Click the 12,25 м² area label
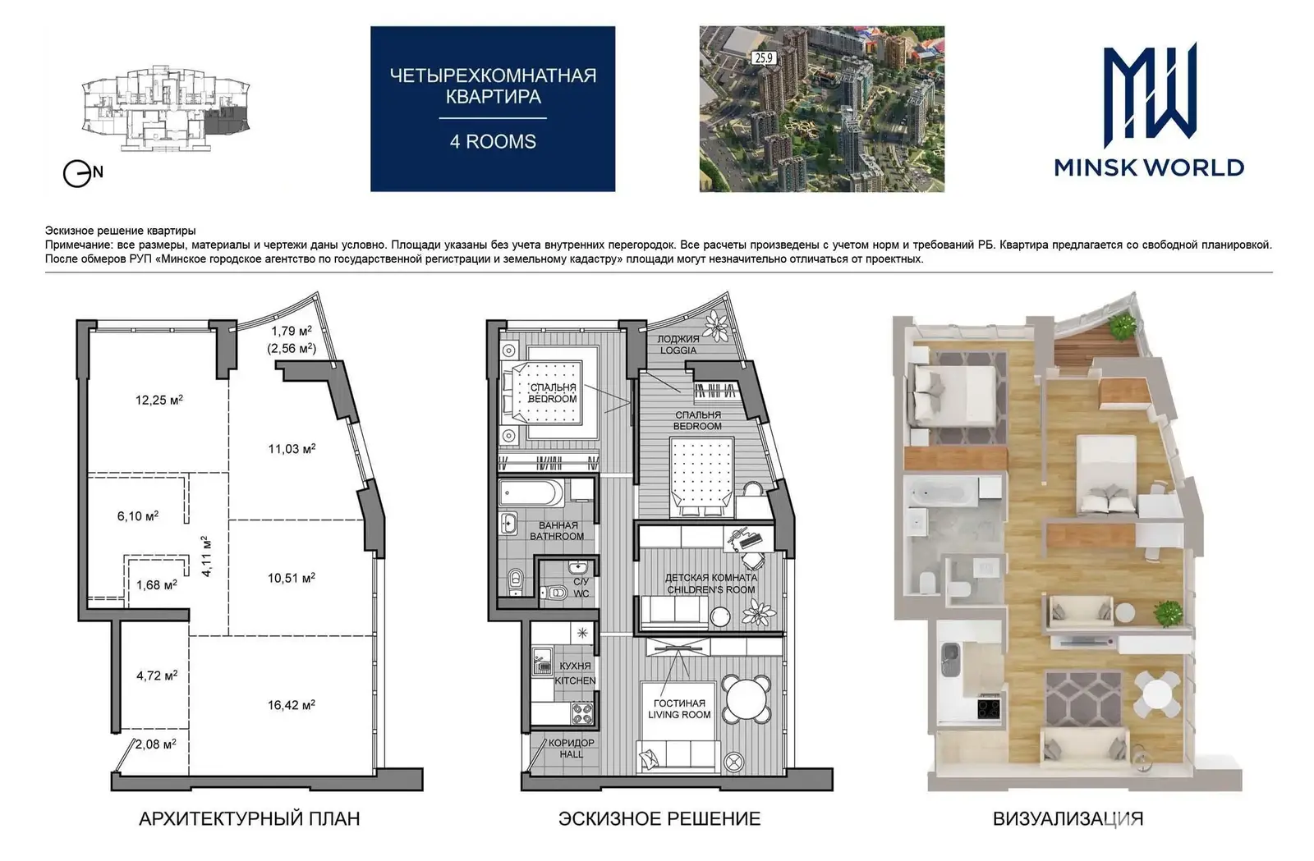pyautogui.click(x=159, y=401)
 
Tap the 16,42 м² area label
pyautogui.click(x=292, y=705)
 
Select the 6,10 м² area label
pyautogui.click(x=138, y=515)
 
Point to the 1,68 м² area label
pyautogui.click(x=157, y=584)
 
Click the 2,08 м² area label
pyautogui.click(x=156, y=744)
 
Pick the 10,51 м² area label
pyautogui.click(x=292, y=578)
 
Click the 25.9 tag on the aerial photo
pyautogui.click(x=764, y=58)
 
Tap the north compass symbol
pyautogui.click(x=83, y=173)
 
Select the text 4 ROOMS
pyautogui.click(x=493, y=142)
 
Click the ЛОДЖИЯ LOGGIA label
pyautogui.click(x=678, y=345)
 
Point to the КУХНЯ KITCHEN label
pyautogui.click(x=575, y=673)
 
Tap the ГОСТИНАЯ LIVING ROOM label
pyautogui.click(x=679, y=708)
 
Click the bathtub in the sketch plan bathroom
pyautogui.click(x=531, y=493)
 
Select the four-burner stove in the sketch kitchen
pyautogui.click(x=582, y=714)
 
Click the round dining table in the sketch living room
pyautogui.click(x=746, y=699)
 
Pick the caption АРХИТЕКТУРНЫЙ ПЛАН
pyautogui.click(x=250, y=819)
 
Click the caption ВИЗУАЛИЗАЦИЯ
pyautogui.click(x=1068, y=819)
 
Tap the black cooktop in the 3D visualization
pyautogui.click(x=989, y=707)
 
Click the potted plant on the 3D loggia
pyautogui.click(x=1123, y=326)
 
